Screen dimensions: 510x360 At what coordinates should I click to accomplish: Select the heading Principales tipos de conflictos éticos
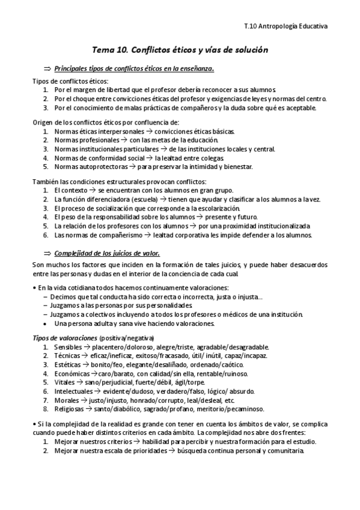[133, 68]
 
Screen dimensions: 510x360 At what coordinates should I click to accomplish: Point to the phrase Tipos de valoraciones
[64, 337]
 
